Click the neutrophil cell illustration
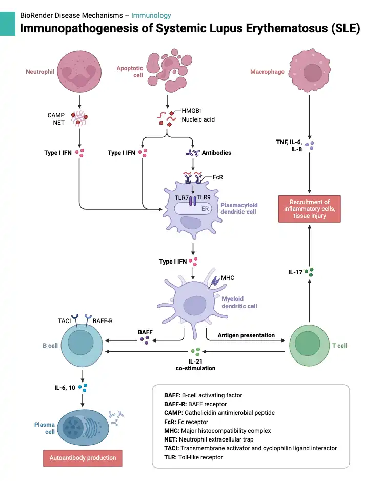(x=79, y=71)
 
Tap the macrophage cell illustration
(x=310, y=71)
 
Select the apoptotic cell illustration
(x=169, y=70)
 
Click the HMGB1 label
(x=192, y=110)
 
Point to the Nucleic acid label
(x=198, y=119)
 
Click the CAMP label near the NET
(x=56, y=115)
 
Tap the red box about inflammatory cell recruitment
(x=310, y=209)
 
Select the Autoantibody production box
(x=83, y=458)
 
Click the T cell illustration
(x=309, y=346)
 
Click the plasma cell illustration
(x=83, y=427)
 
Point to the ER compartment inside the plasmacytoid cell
(x=193, y=209)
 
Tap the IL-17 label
(x=295, y=272)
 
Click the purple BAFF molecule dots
(x=145, y=340)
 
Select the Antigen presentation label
(x=246, y=335)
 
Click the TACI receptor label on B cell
(x=65, y=321)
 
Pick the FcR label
(x=218, y=177)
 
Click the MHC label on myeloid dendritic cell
(x=228, y=278)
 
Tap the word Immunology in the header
(x=151, y=16)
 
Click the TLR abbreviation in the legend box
(x=170, y=457)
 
